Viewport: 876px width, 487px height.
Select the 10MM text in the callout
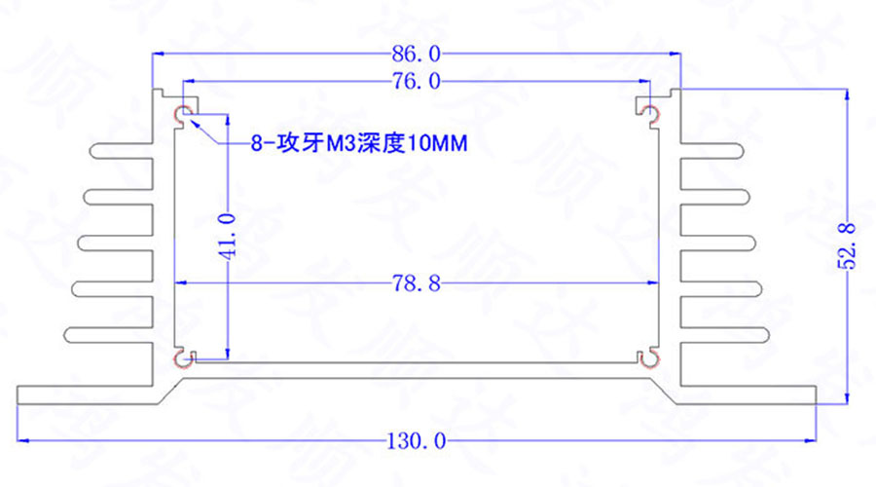tap(436, 145)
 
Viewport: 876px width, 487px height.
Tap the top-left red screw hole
tap(183, 115)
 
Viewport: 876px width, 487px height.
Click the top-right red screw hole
tap(650, 115)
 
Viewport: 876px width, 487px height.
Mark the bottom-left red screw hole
tap(183, 360)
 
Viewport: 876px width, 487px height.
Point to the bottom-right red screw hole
tap(650, 360)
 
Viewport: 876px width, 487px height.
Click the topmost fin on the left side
tap(122, 151)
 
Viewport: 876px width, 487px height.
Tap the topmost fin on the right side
tap(713, 151)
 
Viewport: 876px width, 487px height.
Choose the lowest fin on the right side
tap(722, 335)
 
